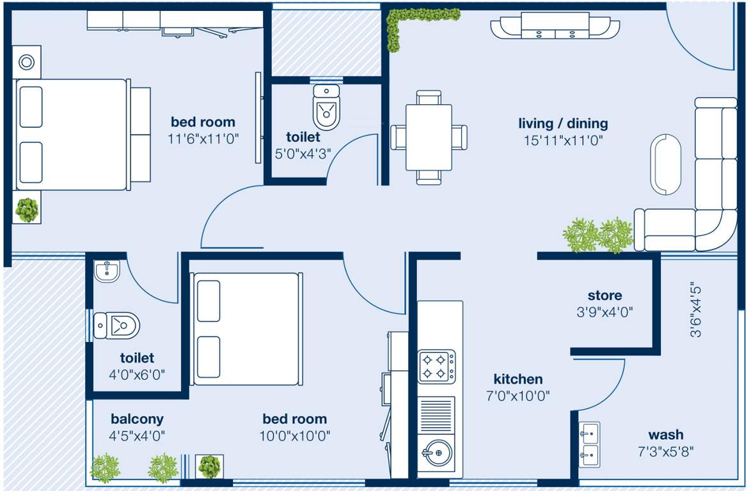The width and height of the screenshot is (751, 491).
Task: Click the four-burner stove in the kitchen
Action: click(437, 366)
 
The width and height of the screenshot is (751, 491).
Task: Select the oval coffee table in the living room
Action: click(667, 164)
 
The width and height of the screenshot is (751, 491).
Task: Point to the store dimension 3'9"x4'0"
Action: click(605, 314)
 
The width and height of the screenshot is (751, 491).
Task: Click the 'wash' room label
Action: click(665, 435)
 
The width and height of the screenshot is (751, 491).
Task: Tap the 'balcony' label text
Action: click(137, 419)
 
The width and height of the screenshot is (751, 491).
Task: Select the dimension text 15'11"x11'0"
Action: click(562, 140)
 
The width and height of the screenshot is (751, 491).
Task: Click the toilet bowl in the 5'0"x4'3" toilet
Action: click(326, 109)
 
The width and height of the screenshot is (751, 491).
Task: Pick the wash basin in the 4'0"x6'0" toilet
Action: click(107, 272)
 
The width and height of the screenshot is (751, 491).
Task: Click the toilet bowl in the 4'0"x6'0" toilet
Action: click(117, 325)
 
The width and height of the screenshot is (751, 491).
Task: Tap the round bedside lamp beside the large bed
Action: click(27, 63)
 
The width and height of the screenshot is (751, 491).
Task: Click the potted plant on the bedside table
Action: click(27, 210)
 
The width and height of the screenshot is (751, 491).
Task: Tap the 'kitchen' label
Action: click(518, 379)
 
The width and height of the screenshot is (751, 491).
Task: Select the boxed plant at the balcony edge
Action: click(209, 467)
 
